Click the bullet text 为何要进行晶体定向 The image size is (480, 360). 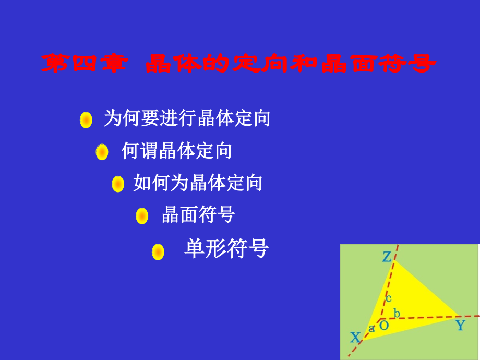coord(187,118)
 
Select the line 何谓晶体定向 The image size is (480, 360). coord(176,151)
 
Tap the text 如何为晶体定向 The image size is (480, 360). coord(198,183)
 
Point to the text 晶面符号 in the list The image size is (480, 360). coord(198,214)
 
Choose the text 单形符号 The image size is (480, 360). coord(226,249)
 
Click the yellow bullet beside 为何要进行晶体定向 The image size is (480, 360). coord(86,119)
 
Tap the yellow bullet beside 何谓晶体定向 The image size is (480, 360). coord(102,152)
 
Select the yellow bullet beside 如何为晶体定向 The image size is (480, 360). coord(118,184)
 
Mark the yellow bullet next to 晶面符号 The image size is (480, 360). coord(142,215)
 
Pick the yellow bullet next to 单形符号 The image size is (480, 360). coord(158,252)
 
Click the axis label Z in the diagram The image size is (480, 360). coord(387,257)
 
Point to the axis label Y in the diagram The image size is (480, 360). coord(460,326)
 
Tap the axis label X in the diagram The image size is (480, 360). coord(355,338)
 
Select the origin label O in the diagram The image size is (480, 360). coord(383,326)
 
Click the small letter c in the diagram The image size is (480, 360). coord(388,298)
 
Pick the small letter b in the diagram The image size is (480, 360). coord(397,313)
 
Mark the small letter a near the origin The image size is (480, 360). coord(372,329)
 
